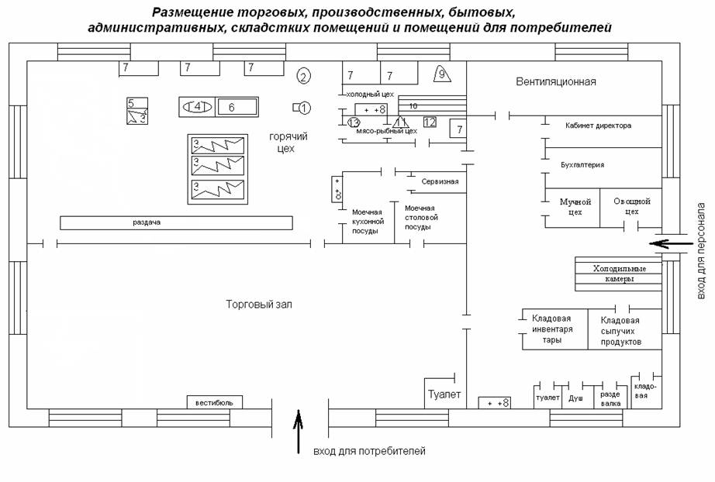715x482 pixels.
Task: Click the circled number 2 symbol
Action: pyautogui.click(x=304, y=76)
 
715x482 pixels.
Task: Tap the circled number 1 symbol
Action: pyautogui.click(x=304, y=107)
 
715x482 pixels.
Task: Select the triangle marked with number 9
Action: pyautogui.click(x=441, y=74)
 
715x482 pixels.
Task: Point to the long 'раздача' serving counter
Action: pyautogui.click(x=176, y=223)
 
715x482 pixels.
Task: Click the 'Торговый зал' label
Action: pyautogui.click(x=258, y=305)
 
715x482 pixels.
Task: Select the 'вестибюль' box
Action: pyautogui.click(x=214, y=402)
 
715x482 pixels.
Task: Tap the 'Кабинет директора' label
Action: pyautogui.click(x=598, y=125)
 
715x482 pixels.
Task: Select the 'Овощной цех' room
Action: pyautogui.click(x=631, y=207)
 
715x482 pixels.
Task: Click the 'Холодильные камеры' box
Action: pyautogui.click(x=619, y=274)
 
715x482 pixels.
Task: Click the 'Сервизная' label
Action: pyautogui.click(x=440, y=182)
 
